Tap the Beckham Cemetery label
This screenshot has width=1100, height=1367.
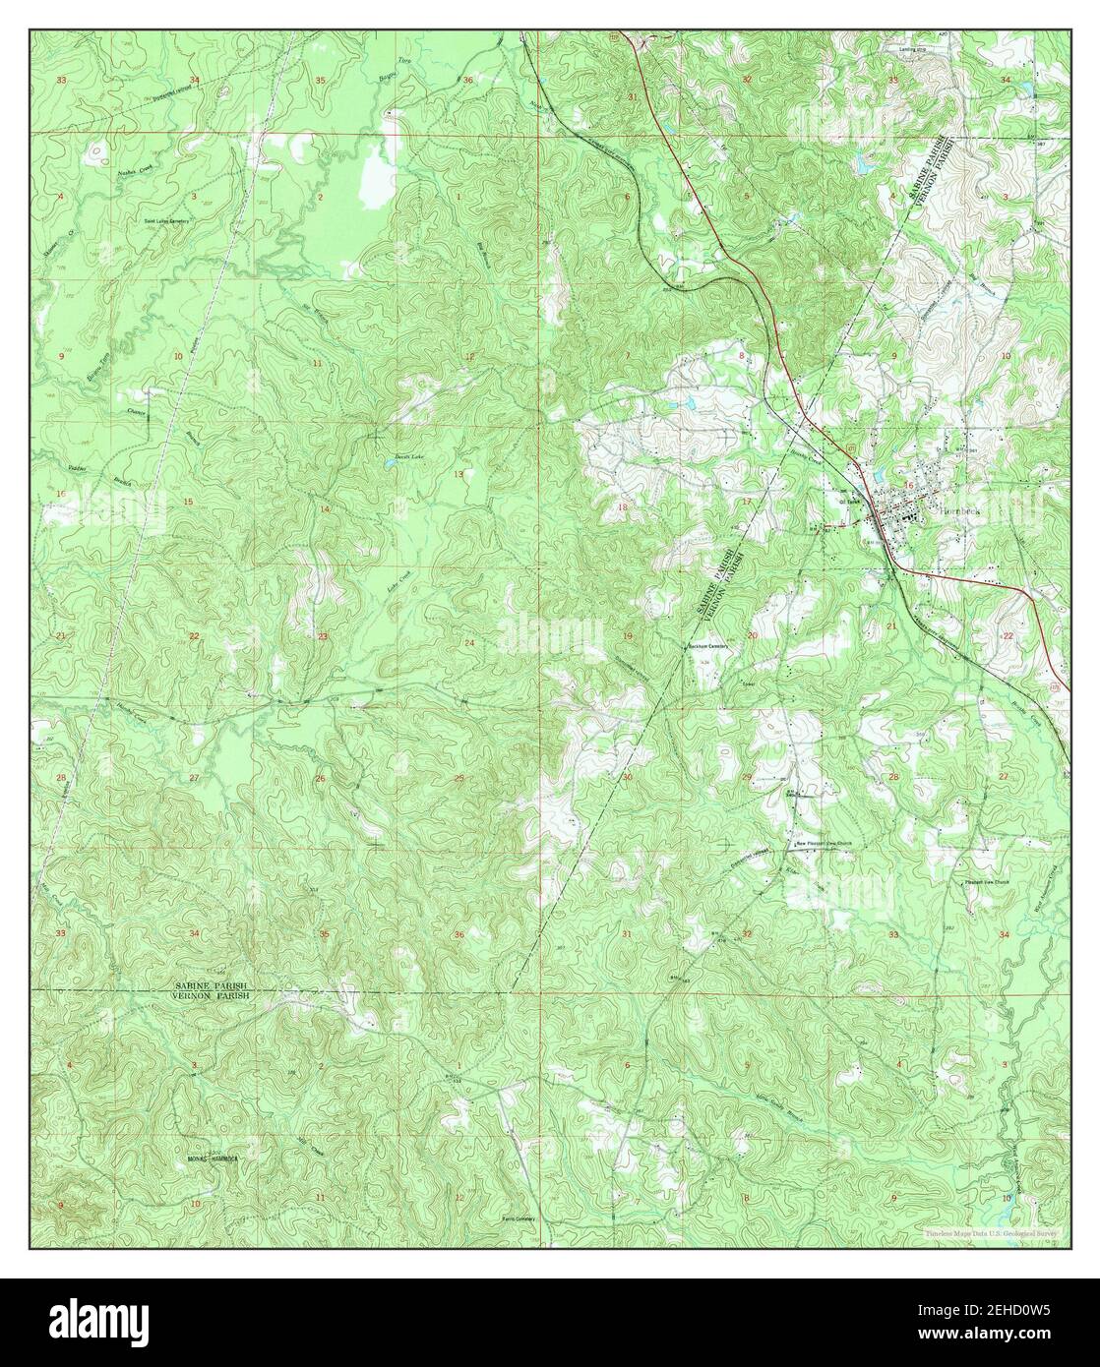click(710, 646)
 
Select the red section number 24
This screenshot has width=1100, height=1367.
click(469, 643)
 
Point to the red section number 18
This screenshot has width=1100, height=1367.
click(622, 506)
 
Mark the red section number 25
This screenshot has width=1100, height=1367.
click(458, 779)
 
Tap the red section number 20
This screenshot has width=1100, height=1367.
click(753, 636)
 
